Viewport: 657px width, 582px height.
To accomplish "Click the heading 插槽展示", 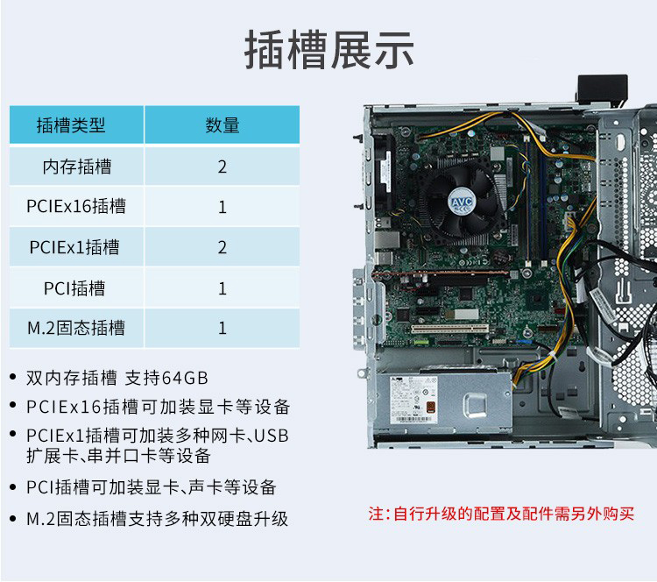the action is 328,49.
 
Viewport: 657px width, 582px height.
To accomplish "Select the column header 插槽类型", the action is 71,125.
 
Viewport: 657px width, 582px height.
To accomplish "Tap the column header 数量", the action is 223,125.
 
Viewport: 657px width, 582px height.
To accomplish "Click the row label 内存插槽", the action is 77,167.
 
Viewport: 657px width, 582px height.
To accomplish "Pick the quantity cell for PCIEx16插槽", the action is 223,207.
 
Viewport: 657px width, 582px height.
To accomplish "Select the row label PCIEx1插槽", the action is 74,247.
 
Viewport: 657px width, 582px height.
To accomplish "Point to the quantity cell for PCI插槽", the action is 223,288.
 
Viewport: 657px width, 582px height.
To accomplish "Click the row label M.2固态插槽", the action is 76,328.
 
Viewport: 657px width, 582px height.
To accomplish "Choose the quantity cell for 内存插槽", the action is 223,167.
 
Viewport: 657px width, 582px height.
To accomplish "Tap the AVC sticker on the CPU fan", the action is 462,202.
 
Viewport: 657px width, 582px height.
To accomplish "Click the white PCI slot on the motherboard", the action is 449,329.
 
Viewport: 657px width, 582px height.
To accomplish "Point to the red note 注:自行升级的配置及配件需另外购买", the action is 501,514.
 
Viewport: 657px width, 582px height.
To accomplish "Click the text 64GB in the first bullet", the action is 185,378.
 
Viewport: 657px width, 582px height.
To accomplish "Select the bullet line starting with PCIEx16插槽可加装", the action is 158,407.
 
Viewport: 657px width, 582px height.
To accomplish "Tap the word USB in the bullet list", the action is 272,436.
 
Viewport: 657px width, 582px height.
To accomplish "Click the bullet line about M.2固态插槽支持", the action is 157,519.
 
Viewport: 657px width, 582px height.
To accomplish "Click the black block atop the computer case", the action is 602,89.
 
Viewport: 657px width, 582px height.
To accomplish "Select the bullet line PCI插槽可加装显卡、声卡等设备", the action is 152,487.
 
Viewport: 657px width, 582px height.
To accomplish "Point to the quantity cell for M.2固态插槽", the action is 223,328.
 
